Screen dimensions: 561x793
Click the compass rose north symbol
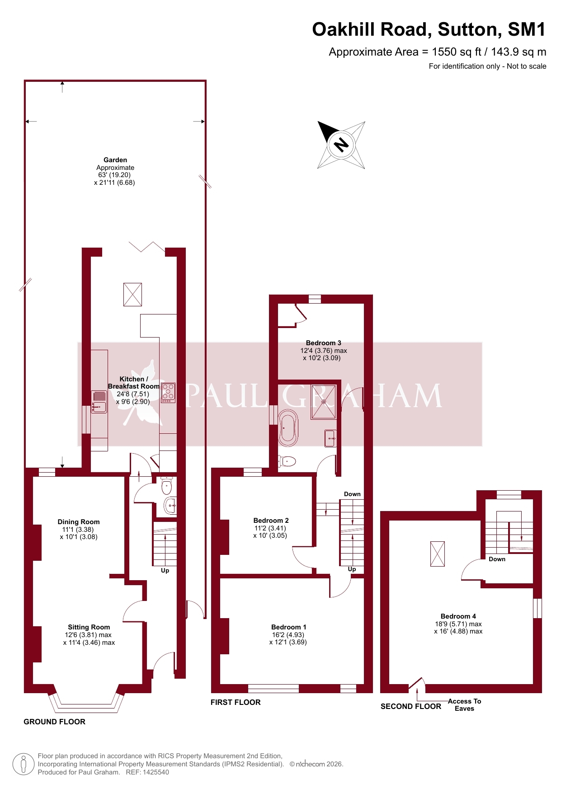341,145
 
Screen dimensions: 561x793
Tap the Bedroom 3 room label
324,343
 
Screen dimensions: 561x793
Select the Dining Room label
79,522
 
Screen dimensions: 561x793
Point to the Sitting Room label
89,627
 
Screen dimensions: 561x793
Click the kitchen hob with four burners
168,393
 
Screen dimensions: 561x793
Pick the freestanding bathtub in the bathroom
288,428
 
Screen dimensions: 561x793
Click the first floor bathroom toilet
287,461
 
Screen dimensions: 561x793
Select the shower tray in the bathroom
324,402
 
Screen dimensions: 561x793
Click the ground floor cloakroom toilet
167,486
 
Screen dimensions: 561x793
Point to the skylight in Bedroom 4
438,554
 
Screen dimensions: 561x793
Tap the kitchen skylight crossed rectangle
133,295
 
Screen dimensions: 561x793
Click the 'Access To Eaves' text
465,705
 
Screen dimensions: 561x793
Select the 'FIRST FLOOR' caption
236,702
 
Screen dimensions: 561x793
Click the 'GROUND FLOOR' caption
55,722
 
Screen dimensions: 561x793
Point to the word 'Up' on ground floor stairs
165,571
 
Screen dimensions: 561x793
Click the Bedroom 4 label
458,616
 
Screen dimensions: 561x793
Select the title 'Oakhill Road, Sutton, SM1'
429,29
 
